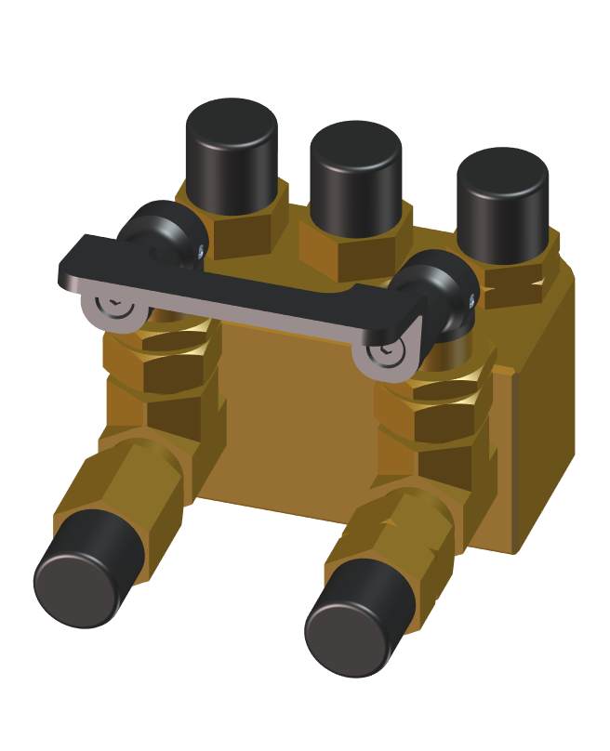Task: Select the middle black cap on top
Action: [355, 177]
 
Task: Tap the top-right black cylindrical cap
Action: [501, 204]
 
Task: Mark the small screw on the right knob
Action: [472, 299]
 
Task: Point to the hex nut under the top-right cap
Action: [511, 279]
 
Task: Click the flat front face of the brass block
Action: [298, 418]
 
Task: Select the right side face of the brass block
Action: [544, 409]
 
